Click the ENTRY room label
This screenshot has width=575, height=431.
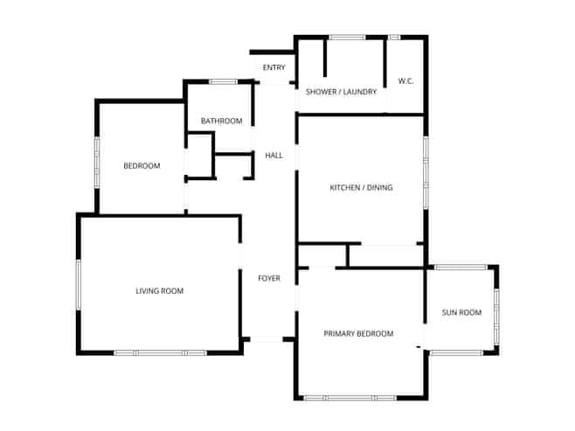274,67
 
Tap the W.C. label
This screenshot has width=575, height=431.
406,81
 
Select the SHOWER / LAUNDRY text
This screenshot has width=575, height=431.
341,92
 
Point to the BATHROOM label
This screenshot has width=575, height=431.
221,121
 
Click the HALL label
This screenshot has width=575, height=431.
274,156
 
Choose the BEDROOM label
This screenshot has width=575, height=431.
142,166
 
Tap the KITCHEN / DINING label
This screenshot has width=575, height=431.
361,187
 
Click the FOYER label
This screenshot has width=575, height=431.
269,278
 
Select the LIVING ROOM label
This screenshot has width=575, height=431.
160,291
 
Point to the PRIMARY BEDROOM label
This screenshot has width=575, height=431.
358,333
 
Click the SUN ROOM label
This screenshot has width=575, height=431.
461,312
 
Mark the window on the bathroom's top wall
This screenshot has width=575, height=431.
224,82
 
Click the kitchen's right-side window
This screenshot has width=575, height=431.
426,173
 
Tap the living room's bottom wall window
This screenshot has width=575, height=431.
160,353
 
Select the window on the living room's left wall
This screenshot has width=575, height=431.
79,285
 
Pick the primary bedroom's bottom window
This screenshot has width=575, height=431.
350,398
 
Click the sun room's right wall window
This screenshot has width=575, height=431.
496,316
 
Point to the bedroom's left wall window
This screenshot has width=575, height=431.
97,163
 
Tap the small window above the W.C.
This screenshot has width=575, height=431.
394,38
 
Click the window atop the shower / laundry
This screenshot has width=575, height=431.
347,38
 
